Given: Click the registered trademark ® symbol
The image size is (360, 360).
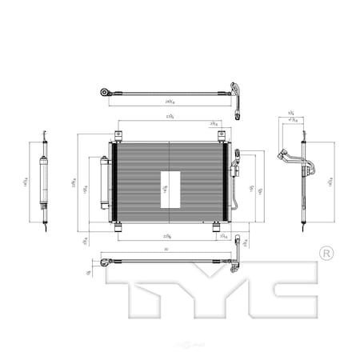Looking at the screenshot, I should [x=326, y=254].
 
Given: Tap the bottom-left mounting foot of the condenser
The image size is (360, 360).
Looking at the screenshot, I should [x=118, y=228].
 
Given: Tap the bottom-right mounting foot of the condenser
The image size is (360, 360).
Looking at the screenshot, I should [x=218, y=228].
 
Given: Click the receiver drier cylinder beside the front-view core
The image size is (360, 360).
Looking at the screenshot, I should [x=105, y=182].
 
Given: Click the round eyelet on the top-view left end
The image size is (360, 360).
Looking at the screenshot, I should [x=104, y=92].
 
